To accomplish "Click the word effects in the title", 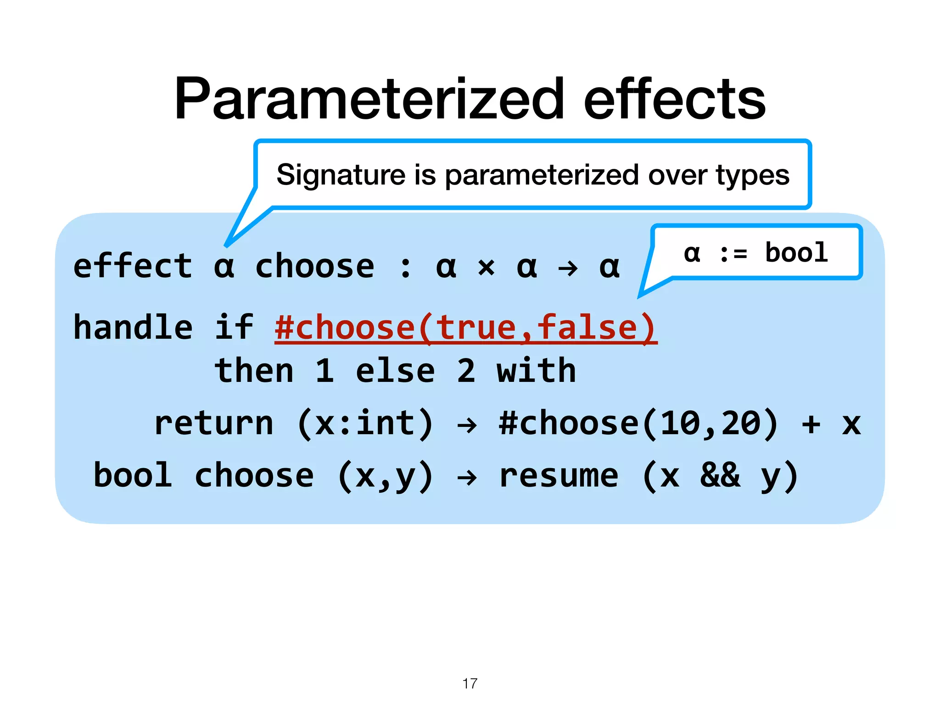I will pyautogui.click(x=674, y=99).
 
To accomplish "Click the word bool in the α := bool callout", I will pyautogui.click(x=796, y=253).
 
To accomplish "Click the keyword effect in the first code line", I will pyautogui.click(x=133, y=266).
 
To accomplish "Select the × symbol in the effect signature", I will pyautogui.click(x=486, y=267).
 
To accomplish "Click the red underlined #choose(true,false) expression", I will pyautogui.click(x=465, y=328).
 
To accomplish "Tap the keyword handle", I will pyautogui.click(x=133, y=328).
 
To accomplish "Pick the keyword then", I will pyautogui.click(x=254, y=371).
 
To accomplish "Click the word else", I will pyautogui.click(x=395, y=371).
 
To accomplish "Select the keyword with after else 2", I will pyautogui.click(x=536, y=371).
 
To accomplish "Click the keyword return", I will pyautogui.click(x=213, y=423).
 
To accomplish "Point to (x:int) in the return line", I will pyautogui.click(x=365, y=423).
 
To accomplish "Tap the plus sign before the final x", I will pyautogui.click(x=811, y=423).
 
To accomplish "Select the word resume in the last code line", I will pyautogui.click(x=558, y=476).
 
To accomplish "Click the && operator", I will pyautogui.click(x=720, y=476).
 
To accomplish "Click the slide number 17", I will pyautogui.click(x=470, y=683).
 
